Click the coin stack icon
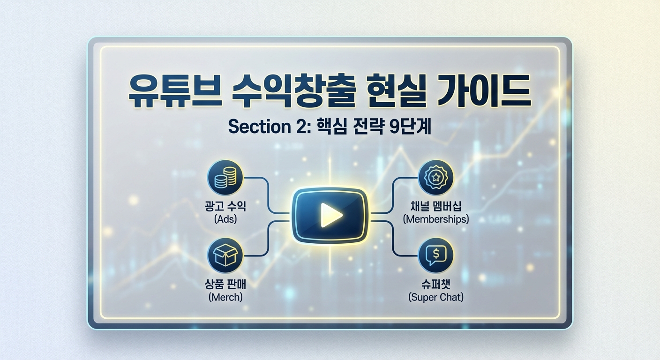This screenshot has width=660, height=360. click(x=225, y=178)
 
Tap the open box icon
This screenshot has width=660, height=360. click(x=225, y=255)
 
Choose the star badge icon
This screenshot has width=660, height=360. click(x=435, y=178)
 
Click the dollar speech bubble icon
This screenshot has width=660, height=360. click(x=435, y=255)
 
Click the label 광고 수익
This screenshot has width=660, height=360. click(x=225, y=206)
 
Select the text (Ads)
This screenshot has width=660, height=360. click(x=225, y=218)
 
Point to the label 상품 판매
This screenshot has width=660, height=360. click(x=225, y=284)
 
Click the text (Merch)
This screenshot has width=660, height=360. click(x=225, y=297)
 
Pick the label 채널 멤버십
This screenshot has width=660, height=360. click(x=435, y=206)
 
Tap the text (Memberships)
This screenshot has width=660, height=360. click(x=435, y=218)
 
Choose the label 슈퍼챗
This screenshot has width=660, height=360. click(x=435, y=284)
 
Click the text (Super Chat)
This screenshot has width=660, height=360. click(x=435, y=297)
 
